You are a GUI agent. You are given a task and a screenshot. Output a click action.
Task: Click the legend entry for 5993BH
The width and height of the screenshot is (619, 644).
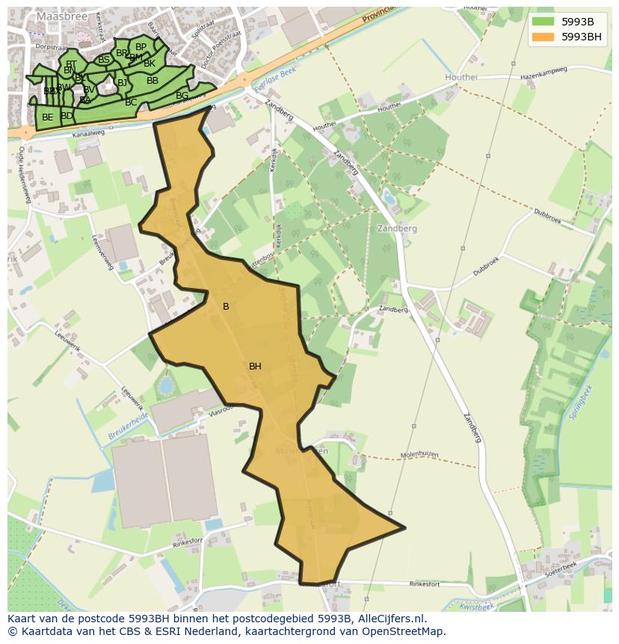pyautogui.click(x=581, y=36)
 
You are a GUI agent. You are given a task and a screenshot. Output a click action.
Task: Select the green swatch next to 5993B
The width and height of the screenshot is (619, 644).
pyautogui.click(x=543, y=21)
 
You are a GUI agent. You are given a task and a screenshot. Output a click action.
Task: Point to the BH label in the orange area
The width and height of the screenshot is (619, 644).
pyautogui.click(x=255, y=367)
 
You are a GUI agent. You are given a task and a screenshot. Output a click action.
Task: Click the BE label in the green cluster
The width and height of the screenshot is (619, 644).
pyautogui.click(x=48, y=117)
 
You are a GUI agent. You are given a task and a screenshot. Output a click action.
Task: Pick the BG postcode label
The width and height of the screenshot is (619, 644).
pyautogui.click(x=182, y=96)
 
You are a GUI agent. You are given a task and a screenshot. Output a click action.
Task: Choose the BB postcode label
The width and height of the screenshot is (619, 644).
pyautogui.click(x=153, y=81)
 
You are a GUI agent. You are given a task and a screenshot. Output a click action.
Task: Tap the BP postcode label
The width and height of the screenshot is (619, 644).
pyautogui.click(x=141, y=47)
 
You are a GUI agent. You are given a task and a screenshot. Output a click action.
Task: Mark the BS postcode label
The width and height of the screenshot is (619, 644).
pyautogui.click(x=104, y=60)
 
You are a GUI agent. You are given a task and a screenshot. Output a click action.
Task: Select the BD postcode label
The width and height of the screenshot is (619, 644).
pyautogui.click(x=67, y=116)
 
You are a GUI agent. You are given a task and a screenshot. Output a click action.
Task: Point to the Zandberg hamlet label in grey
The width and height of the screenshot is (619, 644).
pyautogui.click(x=397, y=229)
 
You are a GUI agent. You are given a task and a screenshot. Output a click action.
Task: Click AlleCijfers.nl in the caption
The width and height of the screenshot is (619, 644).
pyautogui.click(x=390, y=619)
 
